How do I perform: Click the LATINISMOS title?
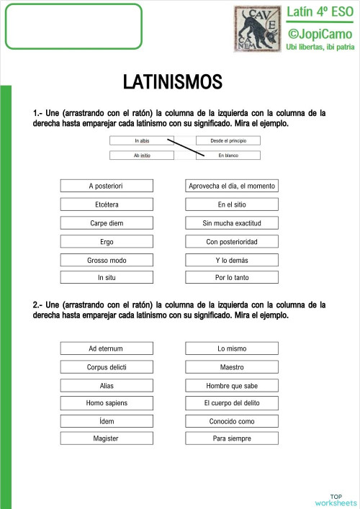coord(172,82)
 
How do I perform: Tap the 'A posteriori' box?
coord(107,186)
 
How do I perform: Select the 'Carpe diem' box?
coord(107,223)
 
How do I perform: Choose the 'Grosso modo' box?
coord(107,260)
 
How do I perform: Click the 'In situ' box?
coord(107,277)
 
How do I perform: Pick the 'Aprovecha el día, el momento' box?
coord(232,186)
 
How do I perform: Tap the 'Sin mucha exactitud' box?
coord(232,223)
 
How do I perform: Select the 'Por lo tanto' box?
coord(232,277)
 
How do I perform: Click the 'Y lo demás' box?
coord(232,260)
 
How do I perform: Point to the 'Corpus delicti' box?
coord(107,367)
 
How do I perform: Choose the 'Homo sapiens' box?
coord(107,403)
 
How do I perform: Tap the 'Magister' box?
coord(107,438)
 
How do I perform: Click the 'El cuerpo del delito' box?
coord(232,403)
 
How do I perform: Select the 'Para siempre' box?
coord(232,438)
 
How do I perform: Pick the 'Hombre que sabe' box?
coord(232,385)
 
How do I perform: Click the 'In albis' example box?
coord(141,141)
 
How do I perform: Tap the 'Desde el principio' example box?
coord(228,141)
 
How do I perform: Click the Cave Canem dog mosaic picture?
coord(257,28)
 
